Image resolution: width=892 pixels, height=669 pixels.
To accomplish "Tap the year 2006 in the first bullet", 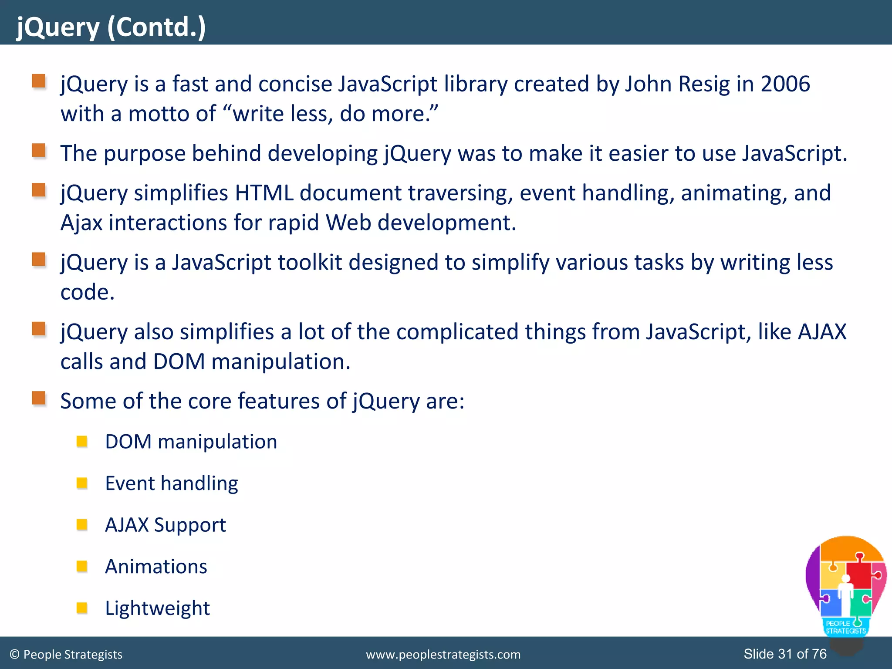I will click(x=785, y=84).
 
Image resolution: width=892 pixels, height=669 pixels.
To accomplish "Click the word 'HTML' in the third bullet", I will click(x=264, y=193).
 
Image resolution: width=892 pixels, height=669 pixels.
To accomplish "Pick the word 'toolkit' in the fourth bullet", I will click(x=309, y=263).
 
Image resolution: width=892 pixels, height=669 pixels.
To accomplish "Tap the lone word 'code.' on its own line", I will click(x=87, y=292).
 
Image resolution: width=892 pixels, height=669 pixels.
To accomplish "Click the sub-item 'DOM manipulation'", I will click(x=191, y=442).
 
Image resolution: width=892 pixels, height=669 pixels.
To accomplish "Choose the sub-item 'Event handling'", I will click(x=172, y=483).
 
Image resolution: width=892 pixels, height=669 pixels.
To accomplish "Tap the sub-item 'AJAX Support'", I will click(x=166, y=525).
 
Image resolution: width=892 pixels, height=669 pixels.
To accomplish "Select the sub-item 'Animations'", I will click(x=156, y=567).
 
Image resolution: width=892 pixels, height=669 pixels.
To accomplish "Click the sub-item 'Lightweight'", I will click(x=157, y=608).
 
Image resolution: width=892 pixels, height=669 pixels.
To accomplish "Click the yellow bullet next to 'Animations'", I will click(x=82, y=566).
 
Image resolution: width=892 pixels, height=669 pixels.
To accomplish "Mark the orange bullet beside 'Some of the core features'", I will click(x=39, y=398).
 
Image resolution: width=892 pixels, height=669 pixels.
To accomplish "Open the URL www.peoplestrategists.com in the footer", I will click(x=443, y=655).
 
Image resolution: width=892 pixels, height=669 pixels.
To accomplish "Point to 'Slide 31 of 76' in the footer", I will click(x=785, y=654).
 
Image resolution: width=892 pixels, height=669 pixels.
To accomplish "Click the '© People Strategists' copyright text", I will click(x=66, y=655).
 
